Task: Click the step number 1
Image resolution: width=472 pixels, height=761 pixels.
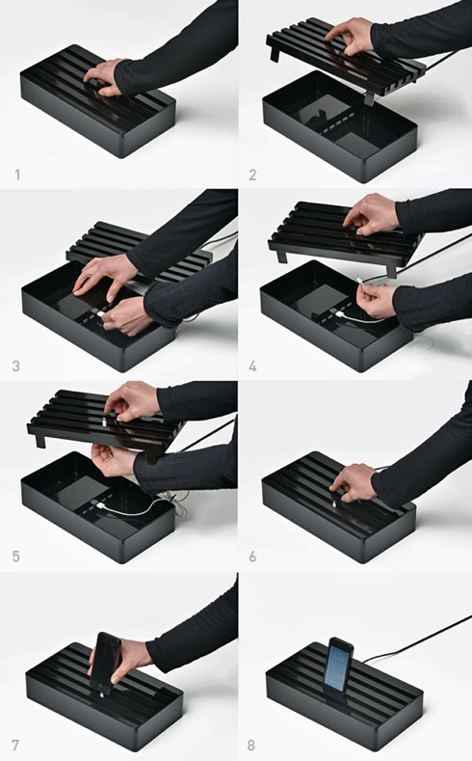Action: (18, 175)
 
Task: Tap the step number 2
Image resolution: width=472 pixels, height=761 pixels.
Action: (252, 175)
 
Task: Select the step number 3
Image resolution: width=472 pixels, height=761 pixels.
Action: (16, 366)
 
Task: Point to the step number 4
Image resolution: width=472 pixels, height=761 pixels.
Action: (252, 366)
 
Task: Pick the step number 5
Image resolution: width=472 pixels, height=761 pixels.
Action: (16, 557)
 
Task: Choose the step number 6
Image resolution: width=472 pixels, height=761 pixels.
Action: (252, 557)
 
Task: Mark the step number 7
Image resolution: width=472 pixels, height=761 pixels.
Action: (16, 745)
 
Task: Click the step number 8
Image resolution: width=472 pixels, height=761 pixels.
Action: (251, 745)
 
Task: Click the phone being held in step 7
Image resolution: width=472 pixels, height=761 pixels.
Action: (106, 663)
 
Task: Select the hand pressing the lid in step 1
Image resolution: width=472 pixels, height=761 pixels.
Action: (103, 77)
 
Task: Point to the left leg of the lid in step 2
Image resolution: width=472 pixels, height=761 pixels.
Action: (275, 52)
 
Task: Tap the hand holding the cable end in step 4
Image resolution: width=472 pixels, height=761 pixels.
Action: (376, 299)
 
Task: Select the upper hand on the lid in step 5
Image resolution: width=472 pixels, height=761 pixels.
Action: (131, 401)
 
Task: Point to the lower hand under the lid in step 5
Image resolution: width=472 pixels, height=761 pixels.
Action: (114, 459)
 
